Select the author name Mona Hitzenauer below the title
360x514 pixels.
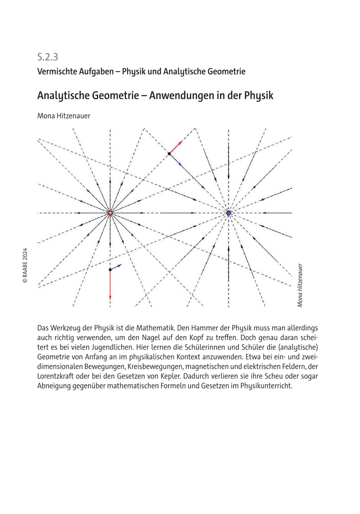[x=64, y=115]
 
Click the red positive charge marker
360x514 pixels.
[x=110, y=213]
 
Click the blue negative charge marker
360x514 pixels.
[x=228, y=213]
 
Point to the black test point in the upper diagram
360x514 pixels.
[x=169, y=153]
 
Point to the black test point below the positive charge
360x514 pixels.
[x=110, y=270]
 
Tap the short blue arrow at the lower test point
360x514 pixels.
[x=116, y=267]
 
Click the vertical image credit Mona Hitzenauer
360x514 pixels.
[x=300, y=285]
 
